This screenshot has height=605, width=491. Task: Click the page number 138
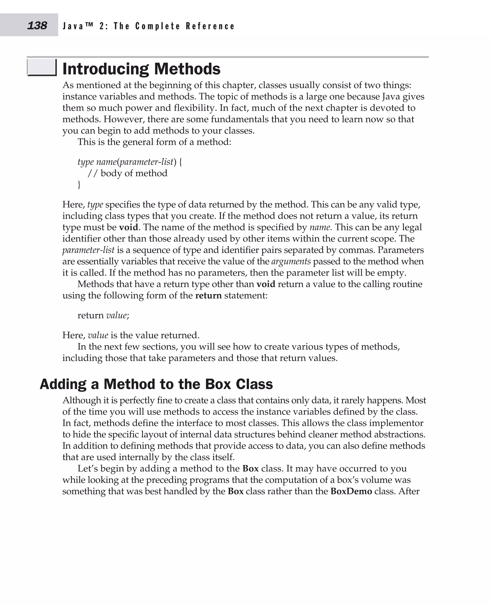tap(37, 25)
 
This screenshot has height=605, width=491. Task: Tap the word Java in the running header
tap(73, 26)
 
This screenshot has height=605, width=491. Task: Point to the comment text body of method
tap(134, 173)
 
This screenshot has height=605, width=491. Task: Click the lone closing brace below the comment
tap(79, 185)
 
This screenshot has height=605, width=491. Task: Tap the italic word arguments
tap(291, 261)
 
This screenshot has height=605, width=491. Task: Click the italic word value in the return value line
tap(116, 315)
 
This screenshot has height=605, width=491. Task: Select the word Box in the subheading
tap(218, 384)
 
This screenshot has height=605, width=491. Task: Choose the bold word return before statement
tap(208, 296)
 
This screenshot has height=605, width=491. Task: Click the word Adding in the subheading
tap(63, 384)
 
